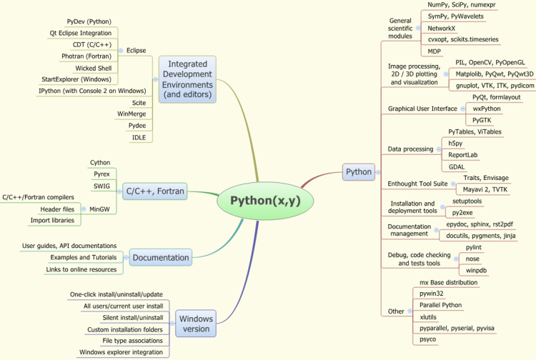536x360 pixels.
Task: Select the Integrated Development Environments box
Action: coord(187,80)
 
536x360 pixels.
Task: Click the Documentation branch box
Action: coord(161,258)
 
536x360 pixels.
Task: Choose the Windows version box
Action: coord(195,324)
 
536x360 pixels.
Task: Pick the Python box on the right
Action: coord(359,171)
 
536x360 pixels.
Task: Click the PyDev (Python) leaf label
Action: coord(89,22)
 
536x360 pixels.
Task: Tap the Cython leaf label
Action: coord(100,163)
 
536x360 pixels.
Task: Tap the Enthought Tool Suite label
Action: coord(417,184)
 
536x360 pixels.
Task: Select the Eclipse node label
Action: coord(136,51)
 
